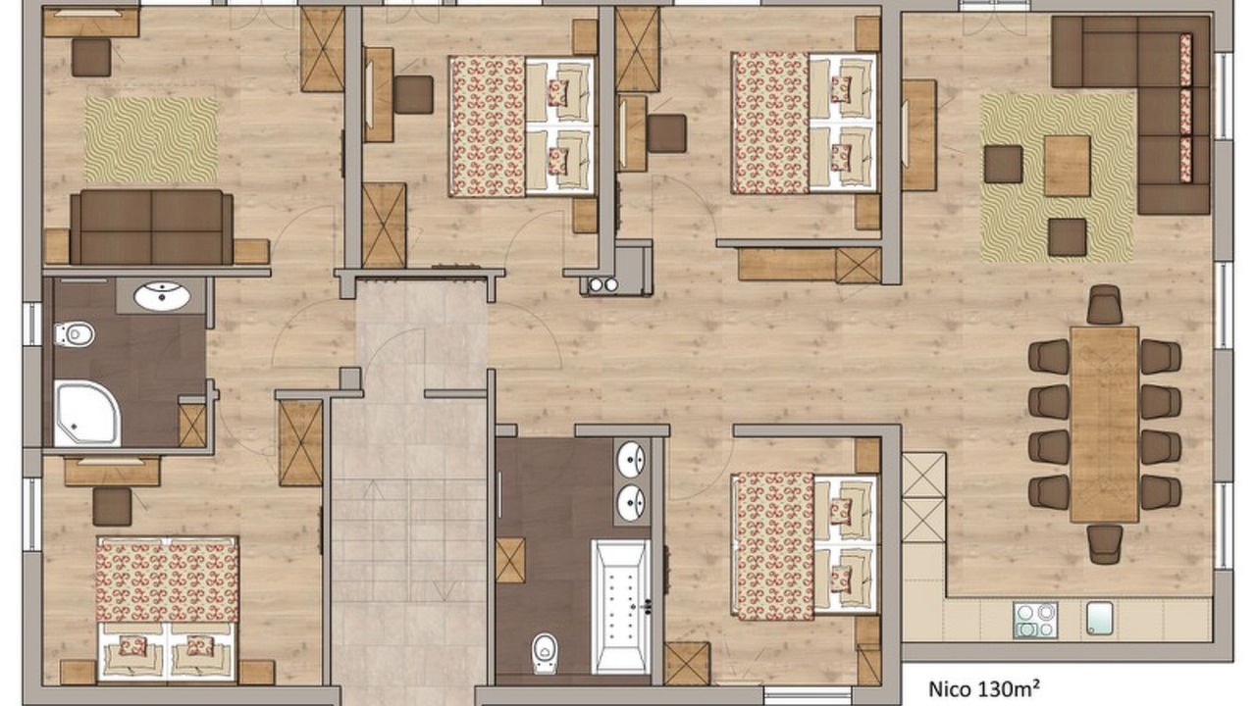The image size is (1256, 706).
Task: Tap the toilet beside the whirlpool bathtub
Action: (545, 653)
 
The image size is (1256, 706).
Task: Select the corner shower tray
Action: (87, 414)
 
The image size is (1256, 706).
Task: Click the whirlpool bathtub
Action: (621, 607)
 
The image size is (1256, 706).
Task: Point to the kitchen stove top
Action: (1035, 620)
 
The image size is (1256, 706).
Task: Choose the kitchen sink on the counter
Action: (1100, 618)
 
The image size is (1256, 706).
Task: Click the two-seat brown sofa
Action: (151, 227)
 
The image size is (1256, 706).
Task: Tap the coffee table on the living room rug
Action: (1067, 166)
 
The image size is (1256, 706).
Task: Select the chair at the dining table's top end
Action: (1104, 304)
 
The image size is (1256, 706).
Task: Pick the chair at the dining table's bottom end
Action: (1105, 544)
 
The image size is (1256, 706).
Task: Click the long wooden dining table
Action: (1104, 425)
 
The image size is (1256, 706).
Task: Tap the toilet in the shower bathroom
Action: (74, 334)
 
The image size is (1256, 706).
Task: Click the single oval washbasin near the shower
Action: (162, 296)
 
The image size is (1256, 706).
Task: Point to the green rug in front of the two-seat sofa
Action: (151, 140)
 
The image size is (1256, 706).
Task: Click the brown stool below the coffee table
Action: (1067, 237)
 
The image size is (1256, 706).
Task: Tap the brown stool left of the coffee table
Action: (1003, 164)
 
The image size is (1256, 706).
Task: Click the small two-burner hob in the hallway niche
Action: (602, 285)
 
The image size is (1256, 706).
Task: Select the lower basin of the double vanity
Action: (631, 503)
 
